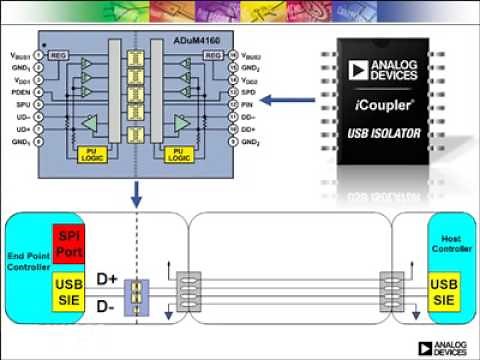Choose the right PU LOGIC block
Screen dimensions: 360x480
point(180,154)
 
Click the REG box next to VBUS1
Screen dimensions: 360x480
point(60,55)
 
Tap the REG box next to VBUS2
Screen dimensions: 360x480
point(212,55)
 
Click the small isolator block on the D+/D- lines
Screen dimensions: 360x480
point(137,290)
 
